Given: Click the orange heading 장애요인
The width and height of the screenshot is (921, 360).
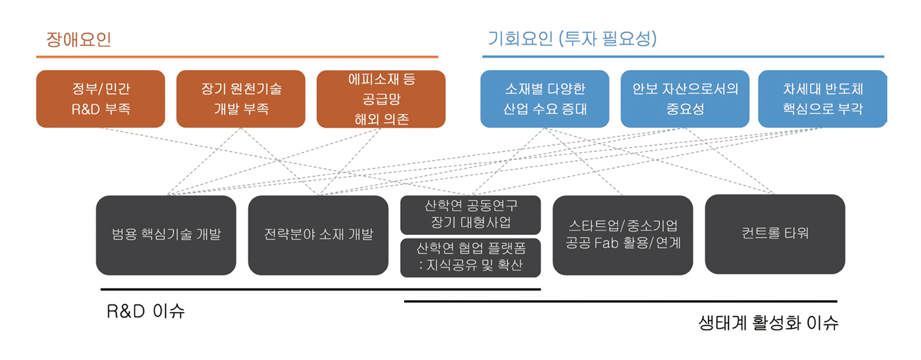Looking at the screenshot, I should pyautogui.click(x=78, y=39).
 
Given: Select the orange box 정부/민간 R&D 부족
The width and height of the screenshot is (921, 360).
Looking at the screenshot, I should pyautogui.click(x=100, y=99).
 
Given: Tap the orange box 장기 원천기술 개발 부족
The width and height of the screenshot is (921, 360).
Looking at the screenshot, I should pyautogui.click(x=241, y=99).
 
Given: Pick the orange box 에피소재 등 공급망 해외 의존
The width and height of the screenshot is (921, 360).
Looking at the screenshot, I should pyautogui.click(x=381, y=99).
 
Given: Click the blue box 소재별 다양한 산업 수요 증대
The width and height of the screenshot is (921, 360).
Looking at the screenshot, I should pyautogui.click(x=544, y=99).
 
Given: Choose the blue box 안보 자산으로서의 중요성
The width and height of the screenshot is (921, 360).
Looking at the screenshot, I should pyautogui.click(x=685, y=99).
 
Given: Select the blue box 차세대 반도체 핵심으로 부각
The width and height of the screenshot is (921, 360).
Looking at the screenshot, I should pyautogui.click(x=823, y=99).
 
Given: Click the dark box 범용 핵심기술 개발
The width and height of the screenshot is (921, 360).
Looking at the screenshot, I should pyautogui.click(x=166, y=235).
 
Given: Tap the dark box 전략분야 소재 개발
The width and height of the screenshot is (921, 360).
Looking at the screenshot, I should pyautogui.click(x=318, y=235).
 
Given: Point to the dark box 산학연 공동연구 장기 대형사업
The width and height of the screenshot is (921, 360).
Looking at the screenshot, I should pyautogui.click(x=471, y=214).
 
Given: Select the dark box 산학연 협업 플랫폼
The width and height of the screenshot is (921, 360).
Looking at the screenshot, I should pyautogui.click(x=471, y=257).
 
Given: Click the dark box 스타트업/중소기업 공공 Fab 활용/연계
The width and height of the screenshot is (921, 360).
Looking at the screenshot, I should pyautogui.click(x=623, y=235).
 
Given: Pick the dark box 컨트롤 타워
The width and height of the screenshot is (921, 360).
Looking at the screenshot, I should pyautogui.click(x=775, y=234).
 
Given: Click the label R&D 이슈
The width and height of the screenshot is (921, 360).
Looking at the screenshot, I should pyautogui.click(x=146, y=311).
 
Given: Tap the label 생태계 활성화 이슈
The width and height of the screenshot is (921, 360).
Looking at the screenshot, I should pyautogui.click(x=768, y=323).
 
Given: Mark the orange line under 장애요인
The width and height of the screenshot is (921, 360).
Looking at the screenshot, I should pyautogui.click(x=236, y=56).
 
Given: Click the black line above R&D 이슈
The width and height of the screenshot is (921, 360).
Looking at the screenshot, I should pyautogui.click(x=320, y=289).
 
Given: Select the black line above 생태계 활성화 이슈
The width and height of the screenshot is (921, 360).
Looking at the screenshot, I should pyautogui.click(x=621, y=301).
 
